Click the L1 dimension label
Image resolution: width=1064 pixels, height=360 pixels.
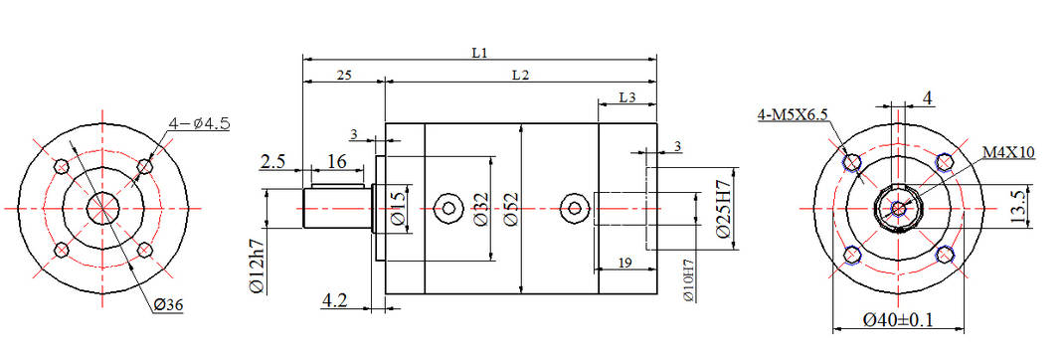[x=479, y=52]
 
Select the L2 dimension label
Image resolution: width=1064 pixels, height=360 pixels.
[x=520, y=75]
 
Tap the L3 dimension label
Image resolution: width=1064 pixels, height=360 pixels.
[x=627, y=97]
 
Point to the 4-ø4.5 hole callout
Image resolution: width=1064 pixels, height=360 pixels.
[x=200, y=123]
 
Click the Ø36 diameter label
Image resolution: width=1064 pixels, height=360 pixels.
[x=169, y=305]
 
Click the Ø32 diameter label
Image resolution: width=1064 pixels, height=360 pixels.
[x=479, y=209]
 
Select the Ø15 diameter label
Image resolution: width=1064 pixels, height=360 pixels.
[x=398, y=208]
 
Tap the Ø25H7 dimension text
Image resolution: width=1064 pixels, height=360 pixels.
[x=723, y=208]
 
